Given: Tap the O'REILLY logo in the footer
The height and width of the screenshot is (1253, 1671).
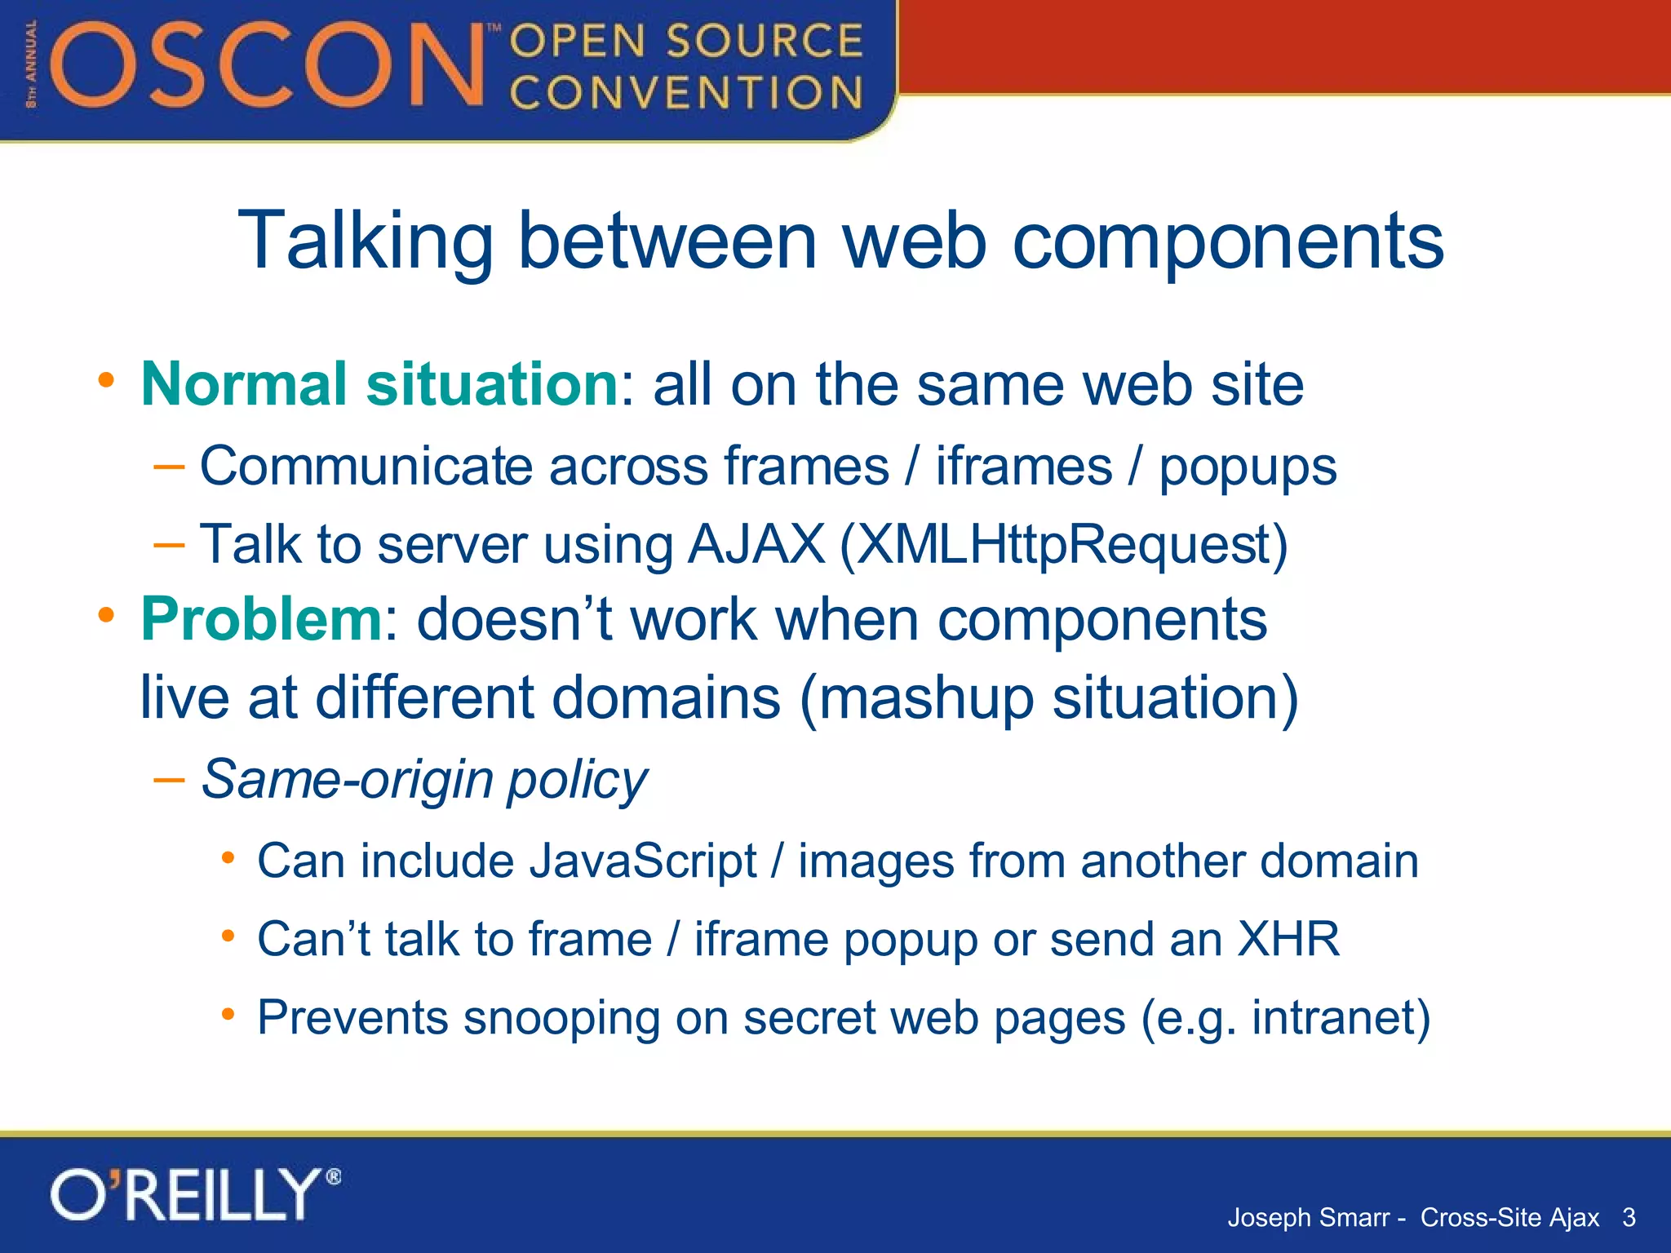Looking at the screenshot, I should (x=196, y=1194).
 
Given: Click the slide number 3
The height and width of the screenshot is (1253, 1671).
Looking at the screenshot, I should (x=1629, y=1218).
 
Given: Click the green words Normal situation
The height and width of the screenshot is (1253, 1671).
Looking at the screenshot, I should (x=379, y=383).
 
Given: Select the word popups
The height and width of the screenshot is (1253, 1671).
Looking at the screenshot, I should (x=1248, y=467).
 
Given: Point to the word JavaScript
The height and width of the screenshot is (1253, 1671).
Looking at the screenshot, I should (x=643, y=861).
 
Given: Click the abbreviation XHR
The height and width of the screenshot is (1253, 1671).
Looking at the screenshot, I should (x=1288, y=939).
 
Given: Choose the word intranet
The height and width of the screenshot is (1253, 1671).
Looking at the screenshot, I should (x=1332, y=1017).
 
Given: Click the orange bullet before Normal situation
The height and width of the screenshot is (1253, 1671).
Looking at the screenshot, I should (x=106, y=380).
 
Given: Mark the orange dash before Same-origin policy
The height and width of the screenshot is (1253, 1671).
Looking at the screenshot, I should (x=169, y=780).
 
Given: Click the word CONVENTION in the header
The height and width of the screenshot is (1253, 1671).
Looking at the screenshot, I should (x=685, y=92).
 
